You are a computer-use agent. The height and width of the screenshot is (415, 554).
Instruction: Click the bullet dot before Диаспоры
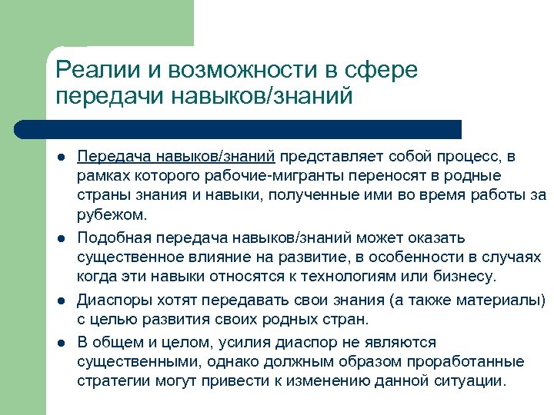(61, 300)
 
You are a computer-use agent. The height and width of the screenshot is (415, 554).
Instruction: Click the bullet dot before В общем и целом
(61, 343)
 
